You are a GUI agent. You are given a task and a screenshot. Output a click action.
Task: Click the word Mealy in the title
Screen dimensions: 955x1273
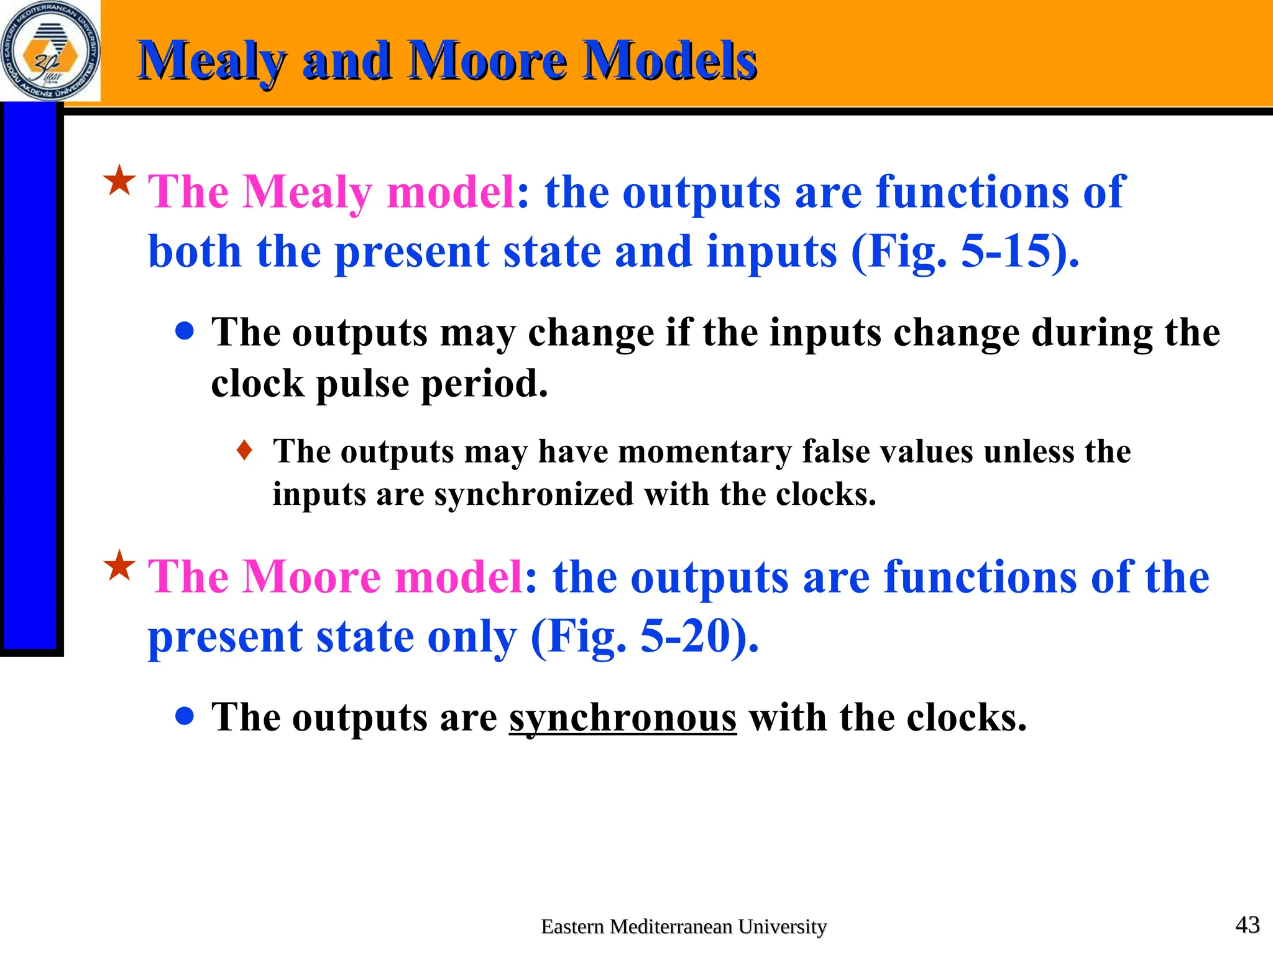pyautogui.click(x=211, y=61)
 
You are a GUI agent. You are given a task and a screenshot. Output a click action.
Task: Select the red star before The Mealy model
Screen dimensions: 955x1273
pyautogui.click(x=119, y=181)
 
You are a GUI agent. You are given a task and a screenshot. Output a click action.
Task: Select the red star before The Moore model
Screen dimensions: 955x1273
pyautogui.click(x=119, y=566)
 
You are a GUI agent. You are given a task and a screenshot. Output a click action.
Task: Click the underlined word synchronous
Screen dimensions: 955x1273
pyautogui.click(x=623, y=717)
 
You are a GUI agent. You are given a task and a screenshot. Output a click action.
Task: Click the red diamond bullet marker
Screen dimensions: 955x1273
pyautogui.click(x=245, y=450)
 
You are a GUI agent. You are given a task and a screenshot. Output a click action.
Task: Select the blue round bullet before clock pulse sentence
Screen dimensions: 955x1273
pyautogui.click(x=185, y=331)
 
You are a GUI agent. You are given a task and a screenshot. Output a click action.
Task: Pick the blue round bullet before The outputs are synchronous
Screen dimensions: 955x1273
pyautogui.click(x=185, y=716)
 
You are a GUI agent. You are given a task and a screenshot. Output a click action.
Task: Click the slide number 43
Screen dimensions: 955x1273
pyautogui.click(x=1247, y=925)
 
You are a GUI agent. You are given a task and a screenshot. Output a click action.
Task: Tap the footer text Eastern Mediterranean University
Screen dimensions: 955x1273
pyautogui.click(x=684, y=926)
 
